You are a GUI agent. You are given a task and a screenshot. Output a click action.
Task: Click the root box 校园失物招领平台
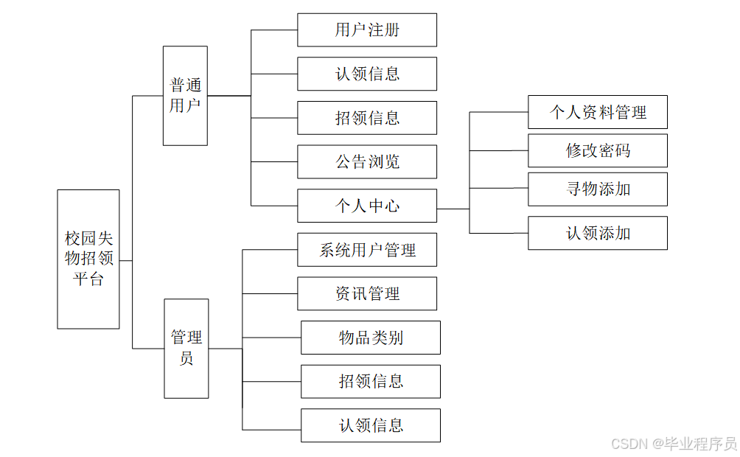(x=88, y=259)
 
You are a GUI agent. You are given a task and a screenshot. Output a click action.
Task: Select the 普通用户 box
(x=185, y=96)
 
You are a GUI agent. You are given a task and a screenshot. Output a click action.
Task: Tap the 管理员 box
(x=186, y=348)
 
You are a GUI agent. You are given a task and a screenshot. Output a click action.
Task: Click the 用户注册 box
(x=367, y=30)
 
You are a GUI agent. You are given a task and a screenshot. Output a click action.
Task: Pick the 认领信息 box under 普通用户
(x=367, y=74)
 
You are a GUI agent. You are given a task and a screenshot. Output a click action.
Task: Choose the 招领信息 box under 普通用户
(x=367, y=118)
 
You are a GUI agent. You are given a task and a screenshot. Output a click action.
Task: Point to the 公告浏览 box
(x=367, y=161)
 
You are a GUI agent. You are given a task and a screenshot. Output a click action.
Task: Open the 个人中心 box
(x=367, y=206)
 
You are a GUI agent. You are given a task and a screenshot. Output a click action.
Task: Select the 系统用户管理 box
(x=367, y=250)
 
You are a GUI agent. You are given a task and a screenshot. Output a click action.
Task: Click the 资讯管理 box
(x=367, y=293)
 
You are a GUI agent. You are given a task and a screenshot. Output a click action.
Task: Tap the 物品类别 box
(x=371, y=338)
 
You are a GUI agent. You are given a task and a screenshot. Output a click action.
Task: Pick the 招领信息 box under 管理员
(x=371, y=381)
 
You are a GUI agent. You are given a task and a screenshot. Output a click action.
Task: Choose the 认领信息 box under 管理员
(x=371, y=425)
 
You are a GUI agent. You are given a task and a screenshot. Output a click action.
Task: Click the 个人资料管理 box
(x=598, y=112)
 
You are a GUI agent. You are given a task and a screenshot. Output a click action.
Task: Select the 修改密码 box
(x=598, y=150)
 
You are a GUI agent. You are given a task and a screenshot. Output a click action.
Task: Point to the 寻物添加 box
(x=598, y=189)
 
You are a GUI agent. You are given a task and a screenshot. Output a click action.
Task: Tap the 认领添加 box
(x=598, y=233)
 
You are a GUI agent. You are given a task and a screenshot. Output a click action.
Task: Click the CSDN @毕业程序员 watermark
(x=674, y=443)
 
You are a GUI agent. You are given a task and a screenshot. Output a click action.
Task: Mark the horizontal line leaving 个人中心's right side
(x=453, y=209)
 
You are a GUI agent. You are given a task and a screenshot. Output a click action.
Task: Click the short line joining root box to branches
(x=126, y=260)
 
